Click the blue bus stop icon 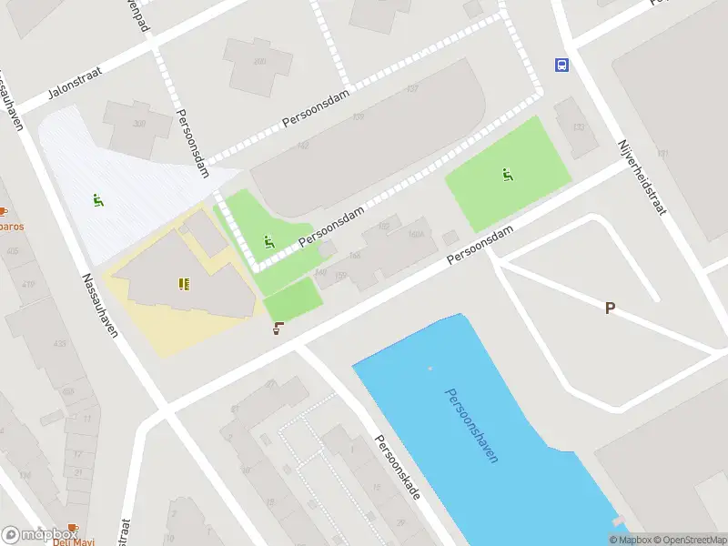point(561,65)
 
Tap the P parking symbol point(610,308)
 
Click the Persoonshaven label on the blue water point(471,425)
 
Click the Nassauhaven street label point(99,305)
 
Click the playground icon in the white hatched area point(98,200)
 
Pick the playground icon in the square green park point(507,175)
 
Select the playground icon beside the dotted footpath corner point(268,242)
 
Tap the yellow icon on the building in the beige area point(185,284)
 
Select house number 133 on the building point(577,127)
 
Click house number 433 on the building point(60,343)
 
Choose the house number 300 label point(139,124)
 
